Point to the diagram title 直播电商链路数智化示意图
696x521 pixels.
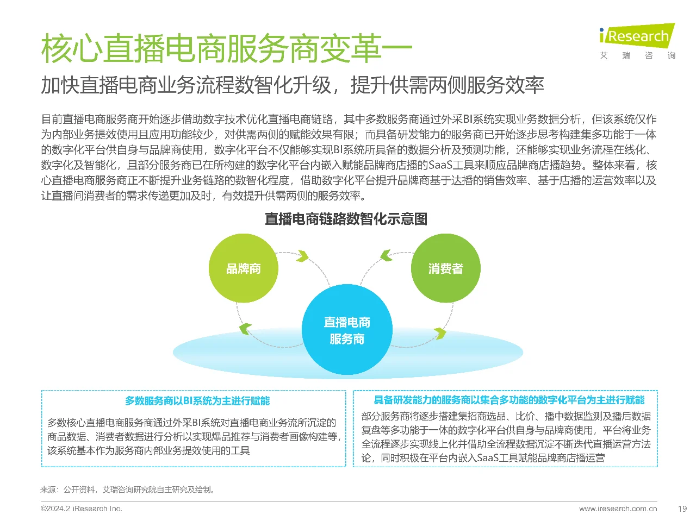346,219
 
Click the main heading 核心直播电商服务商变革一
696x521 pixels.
226,49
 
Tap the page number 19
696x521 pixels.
682,509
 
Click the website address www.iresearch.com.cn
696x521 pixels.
618,509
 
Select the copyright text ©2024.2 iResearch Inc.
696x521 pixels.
82,509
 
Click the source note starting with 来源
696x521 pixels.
128,489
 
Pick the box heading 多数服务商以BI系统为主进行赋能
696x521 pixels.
197,401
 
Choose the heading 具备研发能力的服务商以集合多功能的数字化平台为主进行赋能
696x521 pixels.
509,400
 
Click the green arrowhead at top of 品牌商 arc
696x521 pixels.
302,256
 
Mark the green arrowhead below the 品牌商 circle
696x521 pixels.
246,328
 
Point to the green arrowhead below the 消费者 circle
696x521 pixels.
439,333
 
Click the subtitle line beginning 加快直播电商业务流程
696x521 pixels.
293,85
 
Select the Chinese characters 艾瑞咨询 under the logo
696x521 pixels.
637,55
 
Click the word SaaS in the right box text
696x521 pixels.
488,457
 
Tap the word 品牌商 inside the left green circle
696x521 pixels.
244,268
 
